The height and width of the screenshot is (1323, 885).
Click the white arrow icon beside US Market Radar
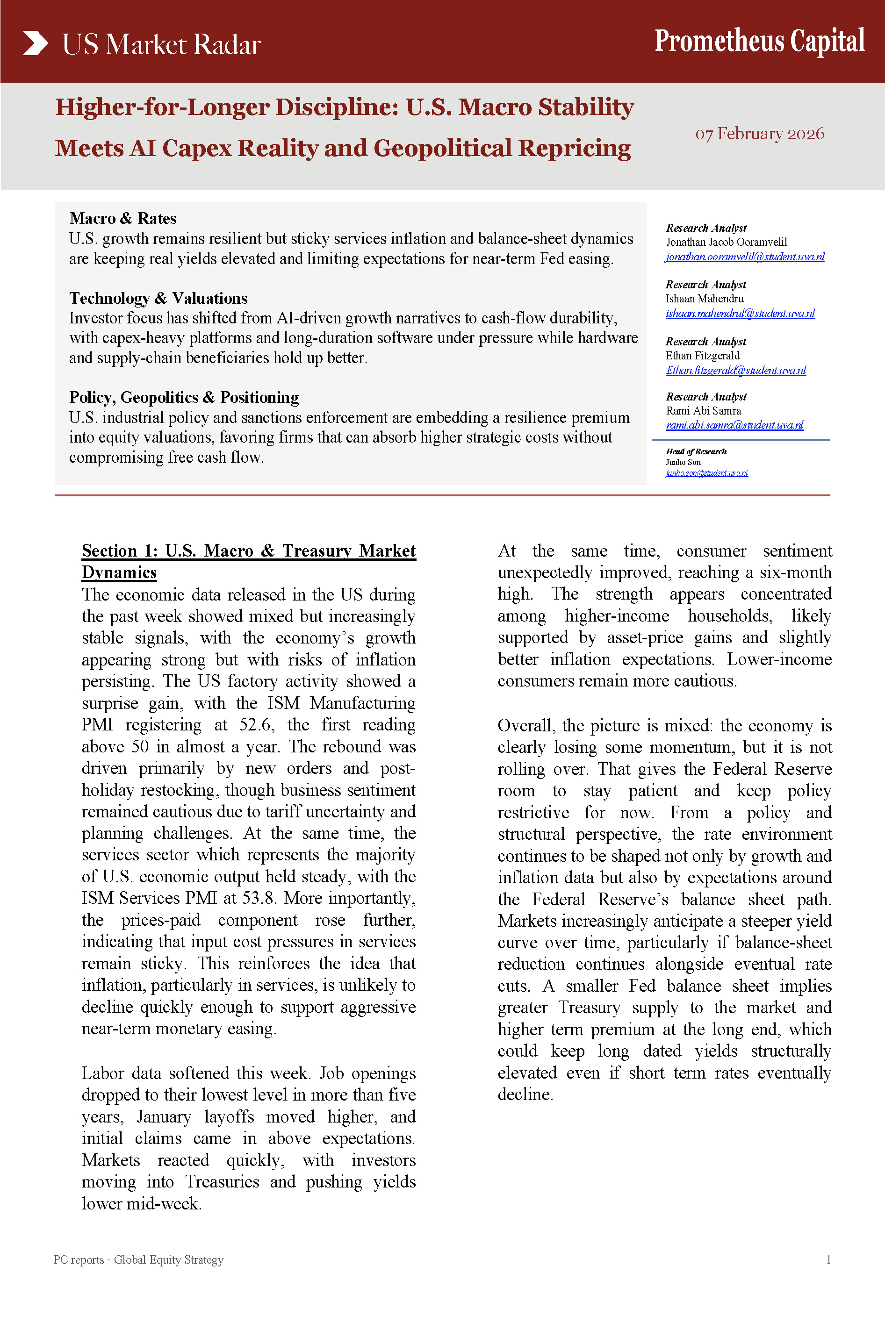(35, 43)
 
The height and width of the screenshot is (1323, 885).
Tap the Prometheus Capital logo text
(759, 41)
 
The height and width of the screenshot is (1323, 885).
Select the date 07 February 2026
(759, 134)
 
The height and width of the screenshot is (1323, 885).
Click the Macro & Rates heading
(123, 218)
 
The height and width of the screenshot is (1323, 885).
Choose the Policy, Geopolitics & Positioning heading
(184, 397)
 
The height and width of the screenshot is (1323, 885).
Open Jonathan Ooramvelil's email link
(744, 257)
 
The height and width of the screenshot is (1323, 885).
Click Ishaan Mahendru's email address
(740, 313)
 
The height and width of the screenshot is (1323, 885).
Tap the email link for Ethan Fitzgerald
(735, 370)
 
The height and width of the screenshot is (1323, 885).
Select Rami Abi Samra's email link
(734, 425)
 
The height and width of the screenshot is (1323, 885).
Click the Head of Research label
(696, 451)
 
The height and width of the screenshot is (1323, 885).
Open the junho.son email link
(707, 473)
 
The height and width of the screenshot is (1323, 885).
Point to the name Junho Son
(683, 462)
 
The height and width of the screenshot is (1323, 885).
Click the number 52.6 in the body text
(258, 724)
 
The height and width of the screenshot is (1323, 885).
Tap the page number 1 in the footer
(828, 1259)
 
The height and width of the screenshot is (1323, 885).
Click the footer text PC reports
(79, 1259)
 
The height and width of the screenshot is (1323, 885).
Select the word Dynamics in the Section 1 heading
(119, 572)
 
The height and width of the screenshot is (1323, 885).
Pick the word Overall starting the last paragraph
(526, 726)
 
